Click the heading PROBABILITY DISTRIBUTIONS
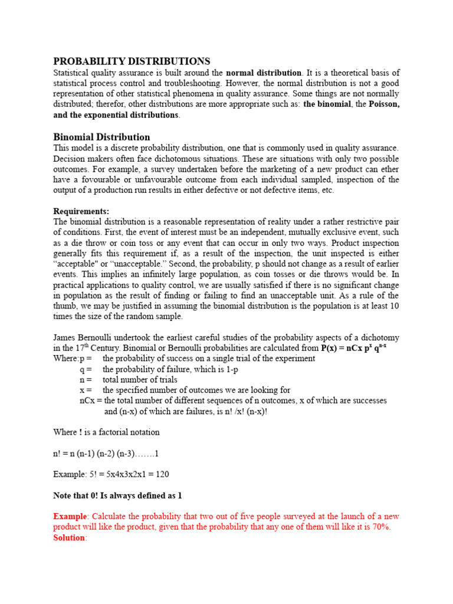click(132, 61)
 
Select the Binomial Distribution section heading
click(101, 137)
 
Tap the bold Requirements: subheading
click(81, 211)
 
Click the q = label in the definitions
click(86, 369)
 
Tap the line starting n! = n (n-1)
click(106, 453)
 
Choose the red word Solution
click(69, 537)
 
